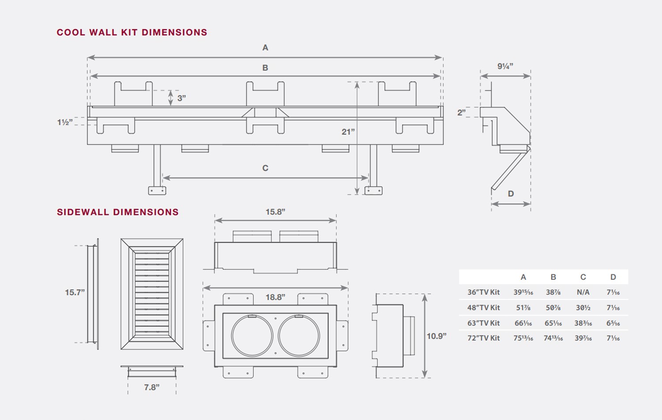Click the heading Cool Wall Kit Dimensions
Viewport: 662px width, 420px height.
click(x=132, y=32)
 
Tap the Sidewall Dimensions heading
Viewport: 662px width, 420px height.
click(x=117, y=212)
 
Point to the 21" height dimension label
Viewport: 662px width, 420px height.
click(x=348, y=132)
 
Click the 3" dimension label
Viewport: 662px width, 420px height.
click(x=181, y=98)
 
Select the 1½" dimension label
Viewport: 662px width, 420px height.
click(x=64, y=122)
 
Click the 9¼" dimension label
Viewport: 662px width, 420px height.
click(x=505, y=66)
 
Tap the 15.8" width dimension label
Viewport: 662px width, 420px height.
click(x=275, y=212)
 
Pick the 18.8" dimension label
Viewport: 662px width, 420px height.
click(x=275, y=297)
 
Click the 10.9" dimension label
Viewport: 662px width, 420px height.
click(x=436, y=336)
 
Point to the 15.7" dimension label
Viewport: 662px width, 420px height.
click(x=75, y=292)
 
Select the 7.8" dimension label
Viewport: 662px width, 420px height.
click(x=151, y=387)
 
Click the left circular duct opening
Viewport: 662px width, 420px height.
click(x=252, y=336)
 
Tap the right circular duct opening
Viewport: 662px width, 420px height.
click(x=299, y=336)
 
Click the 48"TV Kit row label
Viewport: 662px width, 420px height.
click(x=483, y=308)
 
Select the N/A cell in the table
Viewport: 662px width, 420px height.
click(x=583, y=292)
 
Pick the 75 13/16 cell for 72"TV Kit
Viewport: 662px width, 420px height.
click(x=523, y=338)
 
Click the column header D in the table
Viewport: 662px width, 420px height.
click(x=613, y=277)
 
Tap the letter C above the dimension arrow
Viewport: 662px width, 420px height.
click(x=265, y=168)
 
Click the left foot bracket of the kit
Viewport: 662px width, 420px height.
click(x=157, y=191)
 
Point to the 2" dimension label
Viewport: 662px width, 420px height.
click(x=461, y=112)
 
